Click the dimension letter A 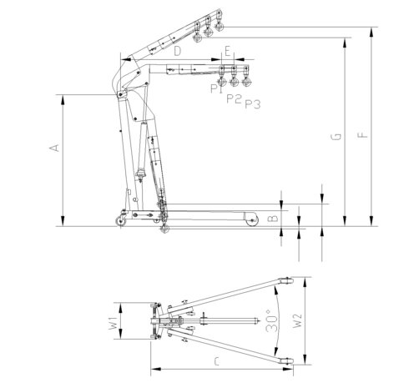(x=54, y=148)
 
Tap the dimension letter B (x=274, y=218)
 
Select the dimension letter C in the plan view (x=217, y=361)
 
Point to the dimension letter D (x=178, y=51)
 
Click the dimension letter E (x=228, y=52)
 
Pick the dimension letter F (x=363, y=135)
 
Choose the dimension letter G (x=336, y=137)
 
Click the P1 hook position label (x=216, y=88)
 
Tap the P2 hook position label (x=234, y=98)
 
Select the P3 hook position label (x=253, y=104)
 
